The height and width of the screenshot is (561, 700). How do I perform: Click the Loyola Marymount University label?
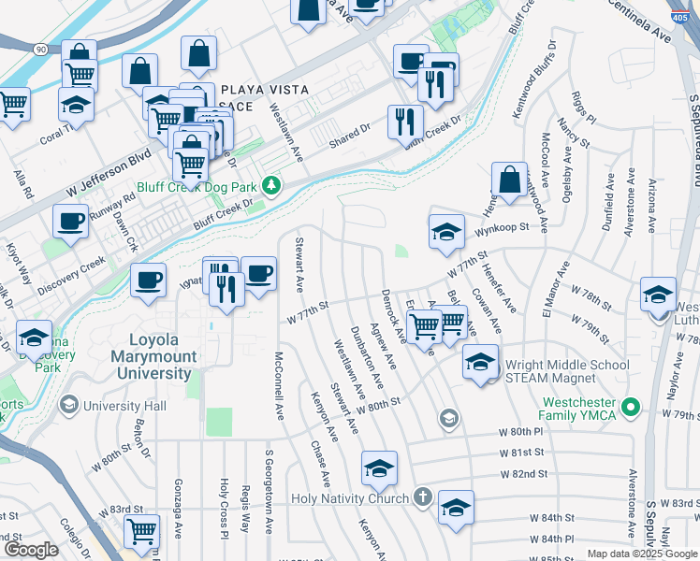click(x=151, y=356)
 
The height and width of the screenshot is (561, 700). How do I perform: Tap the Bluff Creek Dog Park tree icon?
click(x=271, y=185)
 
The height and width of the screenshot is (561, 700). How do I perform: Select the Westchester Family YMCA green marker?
click(x=632, y=407)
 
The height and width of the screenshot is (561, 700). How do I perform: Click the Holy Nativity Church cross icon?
click(x=422, y=497)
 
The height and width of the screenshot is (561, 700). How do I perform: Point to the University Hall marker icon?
click(x=67, y=406)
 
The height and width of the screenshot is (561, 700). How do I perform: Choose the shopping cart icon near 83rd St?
click(x=142, y=531)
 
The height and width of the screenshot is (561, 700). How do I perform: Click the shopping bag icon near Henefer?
click(x=508, y=180)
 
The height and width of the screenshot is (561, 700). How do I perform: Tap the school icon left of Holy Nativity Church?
click(x=379, y=468)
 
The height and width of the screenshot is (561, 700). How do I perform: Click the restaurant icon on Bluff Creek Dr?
click(x=404, y=121)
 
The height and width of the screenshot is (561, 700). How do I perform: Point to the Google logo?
click(x=31, y=550)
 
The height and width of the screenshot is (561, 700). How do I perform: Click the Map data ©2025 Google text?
click(x=642, y=554)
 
